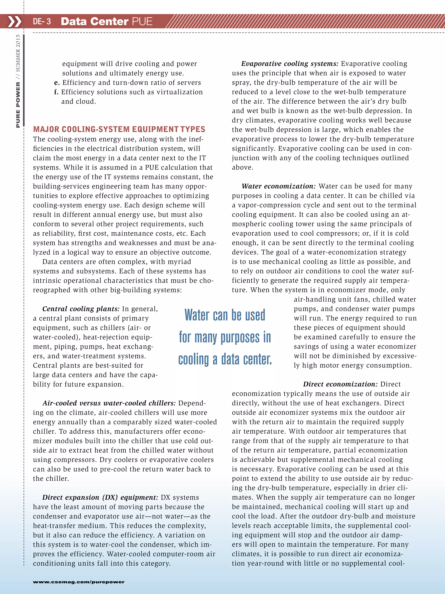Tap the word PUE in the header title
tap(142, 22)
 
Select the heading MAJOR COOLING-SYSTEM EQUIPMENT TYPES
tap(119, 129)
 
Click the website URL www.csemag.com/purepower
tap(79, 582)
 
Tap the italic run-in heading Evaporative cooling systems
tap(290, 64)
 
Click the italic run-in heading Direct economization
tap(340, 384)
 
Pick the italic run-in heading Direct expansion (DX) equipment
tap(100, 497)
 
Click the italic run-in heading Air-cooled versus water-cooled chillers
tap(109, 403)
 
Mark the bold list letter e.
tap(56, 83)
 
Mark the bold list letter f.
tap(56, 92)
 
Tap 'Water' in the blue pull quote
tap(197, 315)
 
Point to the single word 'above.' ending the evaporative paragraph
tap(242, 167)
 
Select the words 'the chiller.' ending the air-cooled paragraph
tap(51, 478)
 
